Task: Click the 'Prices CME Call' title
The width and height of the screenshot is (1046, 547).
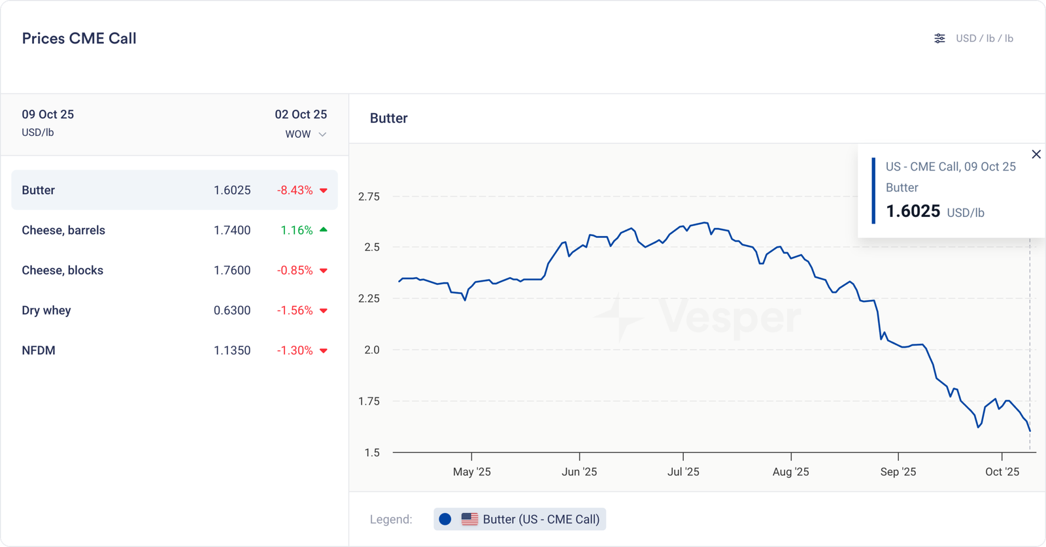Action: click(79, 39)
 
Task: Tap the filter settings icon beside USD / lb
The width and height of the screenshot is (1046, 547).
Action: click(939, 39)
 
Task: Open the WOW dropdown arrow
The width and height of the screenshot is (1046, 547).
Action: click(322, 135)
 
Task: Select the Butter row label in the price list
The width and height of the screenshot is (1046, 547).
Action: click(39, 190)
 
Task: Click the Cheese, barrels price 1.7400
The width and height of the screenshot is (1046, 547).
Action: click(232, 230)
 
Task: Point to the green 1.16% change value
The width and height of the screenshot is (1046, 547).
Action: click(296, 230)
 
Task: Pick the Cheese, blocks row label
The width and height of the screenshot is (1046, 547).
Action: click(63, 270)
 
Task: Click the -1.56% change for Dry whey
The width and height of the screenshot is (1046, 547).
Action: click(295, 310)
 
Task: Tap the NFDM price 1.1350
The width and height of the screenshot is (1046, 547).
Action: click(232, 350)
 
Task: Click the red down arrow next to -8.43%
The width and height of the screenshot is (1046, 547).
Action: click(324, 191)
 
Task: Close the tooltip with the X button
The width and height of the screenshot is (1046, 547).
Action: click(1036, 154)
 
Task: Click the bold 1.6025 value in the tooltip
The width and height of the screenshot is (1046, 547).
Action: click(913, 211)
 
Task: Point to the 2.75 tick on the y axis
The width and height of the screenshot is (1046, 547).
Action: click(369, 197)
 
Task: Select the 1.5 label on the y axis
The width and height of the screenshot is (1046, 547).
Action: click(372, 453)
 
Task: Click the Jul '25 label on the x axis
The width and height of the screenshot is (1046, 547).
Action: click(683, 472)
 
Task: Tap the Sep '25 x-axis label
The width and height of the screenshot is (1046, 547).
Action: click(898, 472)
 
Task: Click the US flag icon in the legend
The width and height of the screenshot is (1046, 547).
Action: click(469, 520)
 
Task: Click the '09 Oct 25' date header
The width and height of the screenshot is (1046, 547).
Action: click(48, 114)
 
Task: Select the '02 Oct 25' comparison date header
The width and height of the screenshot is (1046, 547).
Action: click(301, 114)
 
